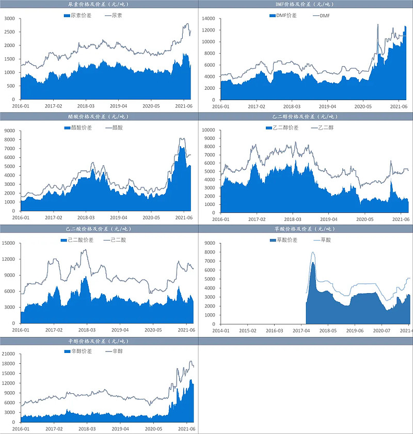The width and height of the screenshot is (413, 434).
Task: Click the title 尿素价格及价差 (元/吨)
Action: pos(99,4)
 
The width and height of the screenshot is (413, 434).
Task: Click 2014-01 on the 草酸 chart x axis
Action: pos(220,330)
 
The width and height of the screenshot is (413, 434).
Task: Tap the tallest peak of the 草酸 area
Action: pos(313,263)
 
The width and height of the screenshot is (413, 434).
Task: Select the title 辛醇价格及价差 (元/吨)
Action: pos(99,341)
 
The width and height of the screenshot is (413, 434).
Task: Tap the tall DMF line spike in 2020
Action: pos(378,24)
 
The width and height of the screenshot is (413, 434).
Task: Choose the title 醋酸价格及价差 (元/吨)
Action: pos(99,117)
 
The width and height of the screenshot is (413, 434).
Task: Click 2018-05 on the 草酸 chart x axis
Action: pos(327,330)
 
